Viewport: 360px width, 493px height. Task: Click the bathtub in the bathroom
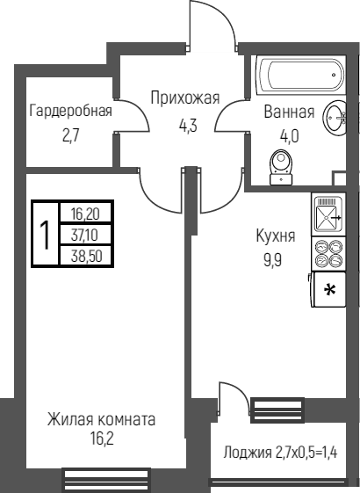301,75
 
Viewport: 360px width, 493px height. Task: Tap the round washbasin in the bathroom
335,117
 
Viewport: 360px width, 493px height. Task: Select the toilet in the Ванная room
281,167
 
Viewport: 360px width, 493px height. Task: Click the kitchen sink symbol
328,214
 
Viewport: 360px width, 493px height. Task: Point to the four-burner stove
328,253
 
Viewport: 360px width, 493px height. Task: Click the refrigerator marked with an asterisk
328,289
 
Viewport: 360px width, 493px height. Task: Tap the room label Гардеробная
70,111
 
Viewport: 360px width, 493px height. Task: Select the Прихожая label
185,98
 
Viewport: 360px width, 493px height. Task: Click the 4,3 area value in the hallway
188,126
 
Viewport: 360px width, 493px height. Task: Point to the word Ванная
289,112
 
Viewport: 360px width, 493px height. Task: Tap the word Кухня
276,236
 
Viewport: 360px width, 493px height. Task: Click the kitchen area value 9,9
273,260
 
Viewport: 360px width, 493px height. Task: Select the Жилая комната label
101,419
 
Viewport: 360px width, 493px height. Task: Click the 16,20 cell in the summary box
85,214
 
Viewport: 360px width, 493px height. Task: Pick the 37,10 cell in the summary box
85,235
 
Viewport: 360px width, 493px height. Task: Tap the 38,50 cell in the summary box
85,256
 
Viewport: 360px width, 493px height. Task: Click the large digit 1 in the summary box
45,236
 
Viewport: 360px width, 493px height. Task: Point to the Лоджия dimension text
280,453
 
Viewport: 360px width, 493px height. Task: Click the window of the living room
105,481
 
